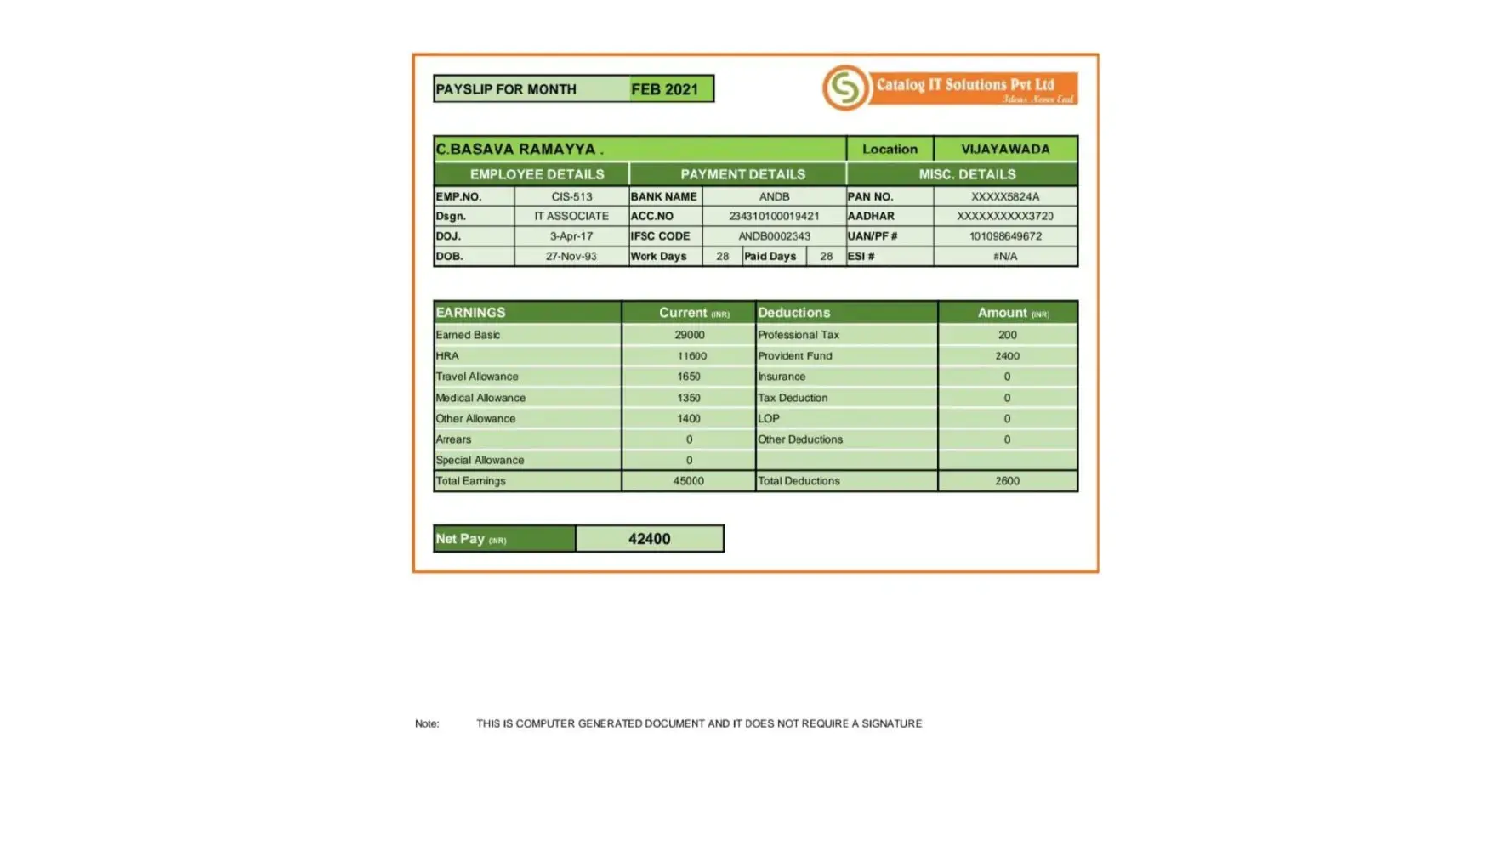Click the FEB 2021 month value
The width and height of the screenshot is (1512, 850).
click(664, 89)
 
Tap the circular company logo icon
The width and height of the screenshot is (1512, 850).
click(844, 88)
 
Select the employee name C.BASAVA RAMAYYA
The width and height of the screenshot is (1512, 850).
click(520, 149)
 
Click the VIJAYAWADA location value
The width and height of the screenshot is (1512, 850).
click(1005, 149)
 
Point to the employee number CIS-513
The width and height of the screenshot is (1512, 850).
click(571, 196)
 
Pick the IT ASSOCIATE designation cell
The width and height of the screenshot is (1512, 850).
click(571, 216)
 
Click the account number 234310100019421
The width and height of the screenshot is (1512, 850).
click(774, 216)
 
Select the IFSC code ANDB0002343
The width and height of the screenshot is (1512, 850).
click(774, 236)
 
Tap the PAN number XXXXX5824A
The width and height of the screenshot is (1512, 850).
click(1005, 196)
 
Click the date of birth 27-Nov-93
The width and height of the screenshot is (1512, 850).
click(571, 256)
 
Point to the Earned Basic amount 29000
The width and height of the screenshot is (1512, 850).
click(689, 335)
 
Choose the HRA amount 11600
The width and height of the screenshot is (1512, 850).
click(691, 356)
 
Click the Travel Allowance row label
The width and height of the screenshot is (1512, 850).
click(477, 377)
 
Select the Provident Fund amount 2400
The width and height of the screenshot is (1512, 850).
click(1007, 356)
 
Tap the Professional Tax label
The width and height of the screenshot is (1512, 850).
click(799, 335)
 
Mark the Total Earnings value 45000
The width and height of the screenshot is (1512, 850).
click(688, 481)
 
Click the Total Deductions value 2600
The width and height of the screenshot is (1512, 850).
click(1007, 481)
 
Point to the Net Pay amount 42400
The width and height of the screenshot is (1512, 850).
click(649, 539)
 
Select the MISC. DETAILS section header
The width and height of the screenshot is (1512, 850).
click(967, 174)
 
